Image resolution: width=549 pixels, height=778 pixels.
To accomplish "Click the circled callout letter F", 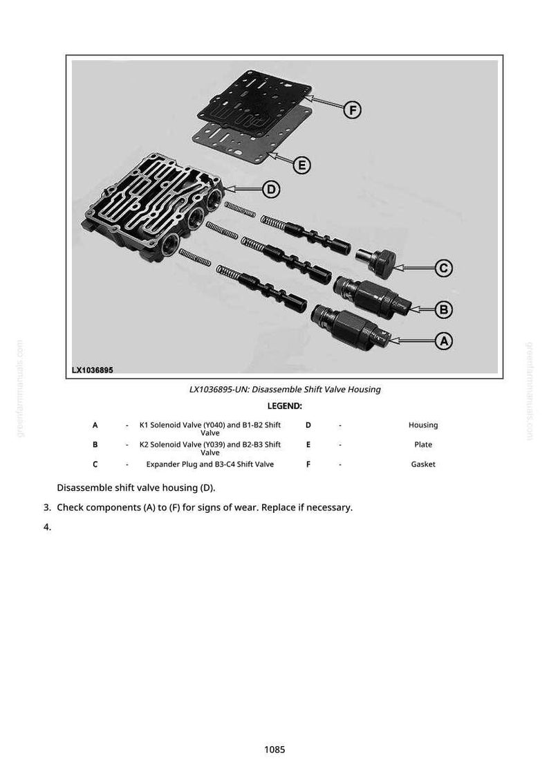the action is coord(353,109).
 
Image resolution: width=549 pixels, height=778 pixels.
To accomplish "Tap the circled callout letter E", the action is coord(301,165).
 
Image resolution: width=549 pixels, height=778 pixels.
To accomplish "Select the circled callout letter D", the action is coord(271,190).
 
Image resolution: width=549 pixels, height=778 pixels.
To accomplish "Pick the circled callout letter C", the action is coord(443,269).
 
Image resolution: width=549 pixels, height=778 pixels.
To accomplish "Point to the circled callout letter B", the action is coord(443,309).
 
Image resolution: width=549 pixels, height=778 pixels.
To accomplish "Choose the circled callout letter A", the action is coord(443,341).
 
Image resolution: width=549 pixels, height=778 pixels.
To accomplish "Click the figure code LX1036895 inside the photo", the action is coord(93,370).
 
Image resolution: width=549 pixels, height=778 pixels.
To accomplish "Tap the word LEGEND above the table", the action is coord(284,406).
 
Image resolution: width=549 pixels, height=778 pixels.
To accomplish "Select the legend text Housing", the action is coord(423,425).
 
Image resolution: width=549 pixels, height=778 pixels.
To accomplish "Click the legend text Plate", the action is coord(423,444).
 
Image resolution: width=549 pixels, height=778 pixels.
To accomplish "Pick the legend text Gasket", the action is coord(423,464).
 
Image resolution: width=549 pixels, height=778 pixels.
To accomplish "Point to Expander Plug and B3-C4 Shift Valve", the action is coord(210,464).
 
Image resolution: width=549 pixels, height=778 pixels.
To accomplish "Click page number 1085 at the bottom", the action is coord(274,749).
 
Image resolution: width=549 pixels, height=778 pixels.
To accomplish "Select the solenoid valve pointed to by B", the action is coord(371,297).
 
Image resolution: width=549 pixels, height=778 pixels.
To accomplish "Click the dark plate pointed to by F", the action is coord(254,103).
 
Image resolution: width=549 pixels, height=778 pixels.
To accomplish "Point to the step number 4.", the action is coord(47,527).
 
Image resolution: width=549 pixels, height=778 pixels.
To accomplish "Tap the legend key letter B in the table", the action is coord(95,444).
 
